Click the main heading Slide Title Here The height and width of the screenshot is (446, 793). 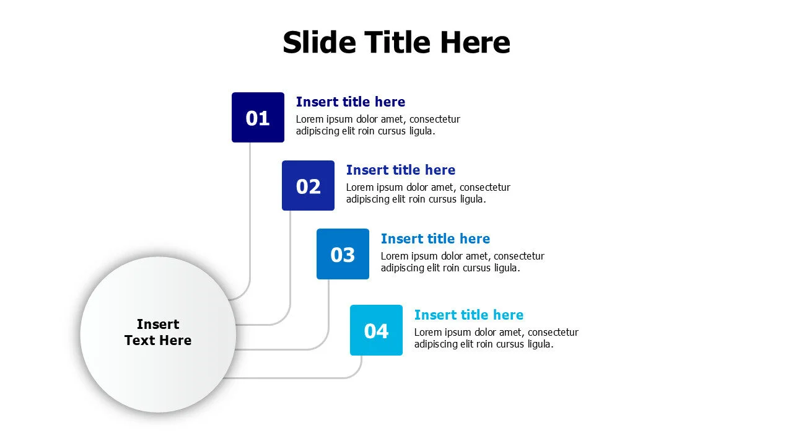[x=396, y=43]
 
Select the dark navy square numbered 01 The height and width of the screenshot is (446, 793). [x=258, y=118]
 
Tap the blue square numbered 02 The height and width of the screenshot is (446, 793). [x=308, y=186]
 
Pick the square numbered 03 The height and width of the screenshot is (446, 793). [x=343, y=254]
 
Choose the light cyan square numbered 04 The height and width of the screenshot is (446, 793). [x=376, y=330]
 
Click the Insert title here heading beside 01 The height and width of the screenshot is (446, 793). [x=350, y=102]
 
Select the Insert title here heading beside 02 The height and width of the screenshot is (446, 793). [x=400, y=170]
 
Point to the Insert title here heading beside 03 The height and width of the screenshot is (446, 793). [x=435, y=238]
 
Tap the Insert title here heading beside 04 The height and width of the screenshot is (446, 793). [x=468, y=315]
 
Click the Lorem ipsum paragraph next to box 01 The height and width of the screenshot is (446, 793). [x=378, y=125]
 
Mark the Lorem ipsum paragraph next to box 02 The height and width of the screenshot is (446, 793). [x=428, y=193]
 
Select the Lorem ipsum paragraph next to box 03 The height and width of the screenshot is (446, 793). [x=462, y=262]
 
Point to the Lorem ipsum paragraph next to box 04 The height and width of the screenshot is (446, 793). [x=496, y=338]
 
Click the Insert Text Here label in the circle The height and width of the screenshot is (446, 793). [x=158, y=332]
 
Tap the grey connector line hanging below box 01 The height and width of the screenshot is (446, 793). [x=250, y=211]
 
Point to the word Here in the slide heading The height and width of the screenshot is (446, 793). [x=475, y=43]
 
